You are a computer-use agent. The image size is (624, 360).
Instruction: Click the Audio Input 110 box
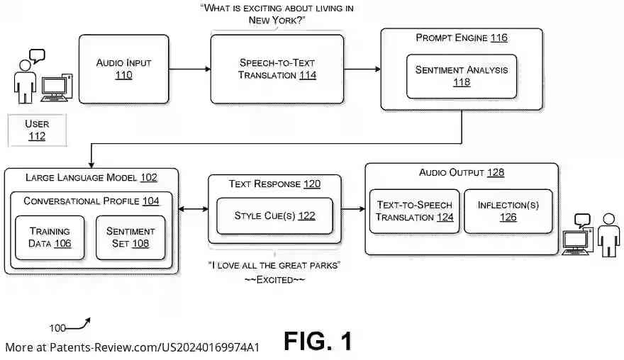(x=123, y=69)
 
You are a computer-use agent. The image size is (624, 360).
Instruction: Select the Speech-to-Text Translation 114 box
(x=277, y=69)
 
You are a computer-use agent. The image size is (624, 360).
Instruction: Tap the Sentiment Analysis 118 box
(x=462, y=76)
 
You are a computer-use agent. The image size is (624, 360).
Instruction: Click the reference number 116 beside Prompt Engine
(x=498, y=38)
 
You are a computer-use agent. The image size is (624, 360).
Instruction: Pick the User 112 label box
(x=37, y=130)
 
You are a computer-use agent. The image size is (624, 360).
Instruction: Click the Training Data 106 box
(x=50, y=237)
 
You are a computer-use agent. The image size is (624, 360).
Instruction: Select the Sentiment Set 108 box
(x=130, y=237)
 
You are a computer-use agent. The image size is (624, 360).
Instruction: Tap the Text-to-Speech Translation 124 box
(x=414, y=211)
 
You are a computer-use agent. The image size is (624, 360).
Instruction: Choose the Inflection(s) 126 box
(x=508, y=211)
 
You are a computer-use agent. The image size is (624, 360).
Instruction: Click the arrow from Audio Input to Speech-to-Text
(x=189, y=69)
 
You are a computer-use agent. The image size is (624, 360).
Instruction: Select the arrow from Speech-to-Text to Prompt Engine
(x=362, y=69)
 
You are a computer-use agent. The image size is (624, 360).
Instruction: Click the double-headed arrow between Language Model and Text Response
(x=191, y=210)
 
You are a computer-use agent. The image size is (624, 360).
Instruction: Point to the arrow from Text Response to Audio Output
(x=352, y=210)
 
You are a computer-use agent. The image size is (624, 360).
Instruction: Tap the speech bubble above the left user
(x=36, y=55)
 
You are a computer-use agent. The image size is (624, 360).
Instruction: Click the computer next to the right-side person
(x=576, y=242)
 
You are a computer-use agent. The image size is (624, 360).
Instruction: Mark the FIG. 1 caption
(x=318, y=342)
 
